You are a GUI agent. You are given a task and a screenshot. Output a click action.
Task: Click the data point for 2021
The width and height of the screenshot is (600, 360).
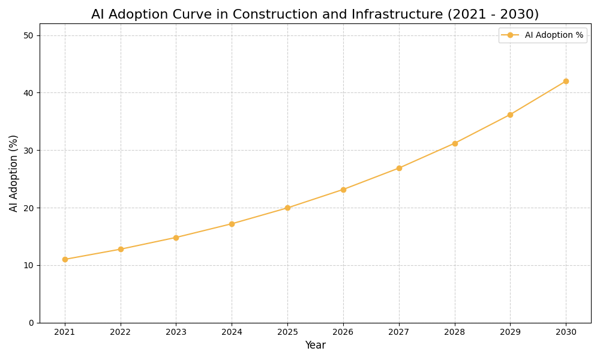(x=65, y=259)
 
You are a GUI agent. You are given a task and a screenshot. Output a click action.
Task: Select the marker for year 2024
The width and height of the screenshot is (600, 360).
(x=232, y=224)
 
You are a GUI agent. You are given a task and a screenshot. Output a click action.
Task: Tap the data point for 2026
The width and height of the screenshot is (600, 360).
(x=343, y=190)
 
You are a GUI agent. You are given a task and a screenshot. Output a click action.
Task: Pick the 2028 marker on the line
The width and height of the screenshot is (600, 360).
(x=455, y=143)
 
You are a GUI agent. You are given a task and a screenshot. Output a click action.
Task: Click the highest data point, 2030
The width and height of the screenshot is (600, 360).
(x=566, y=81)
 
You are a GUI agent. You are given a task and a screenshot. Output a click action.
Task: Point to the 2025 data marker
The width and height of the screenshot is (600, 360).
(x=287, y=208)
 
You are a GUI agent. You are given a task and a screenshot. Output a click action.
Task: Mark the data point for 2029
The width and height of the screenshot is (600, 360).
(x=510, y=115)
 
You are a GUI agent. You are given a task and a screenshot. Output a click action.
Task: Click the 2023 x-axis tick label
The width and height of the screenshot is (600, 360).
(x=176, y=332)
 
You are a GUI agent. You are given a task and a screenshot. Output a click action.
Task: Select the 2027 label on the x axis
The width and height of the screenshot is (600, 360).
(x=399, y=332)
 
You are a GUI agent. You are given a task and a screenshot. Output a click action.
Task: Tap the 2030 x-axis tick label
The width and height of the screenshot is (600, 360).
(x=566, y=332)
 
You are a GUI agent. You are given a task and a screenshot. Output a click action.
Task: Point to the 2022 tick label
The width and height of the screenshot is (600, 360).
(x=121, y=332)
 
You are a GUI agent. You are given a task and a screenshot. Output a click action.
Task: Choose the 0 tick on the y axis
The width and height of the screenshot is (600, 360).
(x=31, y=323)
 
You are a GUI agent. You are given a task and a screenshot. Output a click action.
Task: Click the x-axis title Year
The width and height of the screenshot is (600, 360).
(x=315, y=346)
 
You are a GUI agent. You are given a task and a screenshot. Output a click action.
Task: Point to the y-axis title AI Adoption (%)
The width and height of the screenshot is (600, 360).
(x=14, y=173)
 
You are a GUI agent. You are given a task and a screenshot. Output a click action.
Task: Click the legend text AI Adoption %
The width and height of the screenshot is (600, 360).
(x=554, y=35)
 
